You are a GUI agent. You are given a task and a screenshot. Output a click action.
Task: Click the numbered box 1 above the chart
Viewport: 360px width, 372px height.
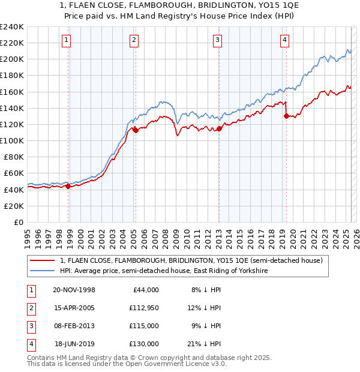tap(65, 40)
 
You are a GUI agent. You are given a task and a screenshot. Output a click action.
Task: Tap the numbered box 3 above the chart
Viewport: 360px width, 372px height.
tap(217, 40)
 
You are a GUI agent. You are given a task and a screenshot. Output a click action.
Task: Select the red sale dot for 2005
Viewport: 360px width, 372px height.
tap(136, 130)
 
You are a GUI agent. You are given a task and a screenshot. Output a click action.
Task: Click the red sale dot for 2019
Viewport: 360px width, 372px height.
tap(286, 116)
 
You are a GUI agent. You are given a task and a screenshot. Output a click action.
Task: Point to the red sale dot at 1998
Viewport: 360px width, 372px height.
tap(68, 186)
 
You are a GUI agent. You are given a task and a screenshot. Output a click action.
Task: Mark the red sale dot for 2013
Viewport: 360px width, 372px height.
tap(220, 128)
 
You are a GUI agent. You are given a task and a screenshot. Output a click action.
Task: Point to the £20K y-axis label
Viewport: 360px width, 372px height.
tap(14, 206)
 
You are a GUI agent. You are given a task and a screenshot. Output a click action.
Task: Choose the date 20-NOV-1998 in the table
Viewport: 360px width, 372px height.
tap(74, 290)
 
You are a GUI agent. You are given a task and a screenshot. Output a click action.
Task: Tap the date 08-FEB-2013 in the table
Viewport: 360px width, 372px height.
tap(74, 326)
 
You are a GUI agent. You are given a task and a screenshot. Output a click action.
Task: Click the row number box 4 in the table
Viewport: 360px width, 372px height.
tap(29, 344)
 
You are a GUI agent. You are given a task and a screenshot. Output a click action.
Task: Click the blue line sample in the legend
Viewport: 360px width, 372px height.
tap(42, 271)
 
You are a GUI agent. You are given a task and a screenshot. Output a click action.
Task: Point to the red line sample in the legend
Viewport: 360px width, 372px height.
tap(42, 260)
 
